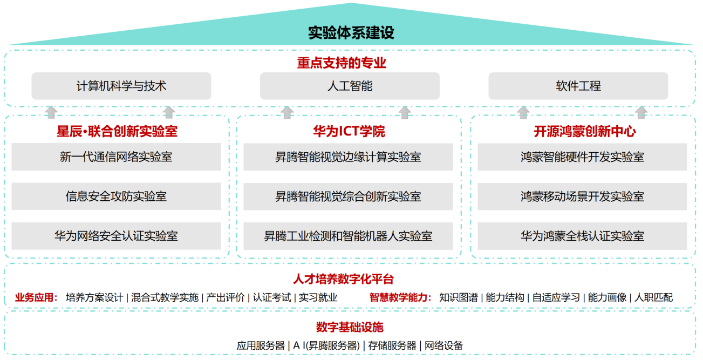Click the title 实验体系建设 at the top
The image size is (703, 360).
tap(351, 33)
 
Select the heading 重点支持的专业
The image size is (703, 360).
tap(342, 63)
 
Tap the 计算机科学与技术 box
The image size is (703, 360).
tap(121, 86)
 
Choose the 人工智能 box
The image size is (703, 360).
tap(350, 86)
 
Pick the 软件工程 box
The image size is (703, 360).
tap(578, 86)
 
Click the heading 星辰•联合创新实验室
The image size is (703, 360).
tap(117, 131)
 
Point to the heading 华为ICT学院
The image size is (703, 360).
tap(349, 131)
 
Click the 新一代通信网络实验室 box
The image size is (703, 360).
tap(116, 157)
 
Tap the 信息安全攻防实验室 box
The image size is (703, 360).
tap(116, 196)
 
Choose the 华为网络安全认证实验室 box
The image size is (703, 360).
tap(116, 236)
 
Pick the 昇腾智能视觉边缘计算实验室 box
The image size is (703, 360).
tap(348, 157)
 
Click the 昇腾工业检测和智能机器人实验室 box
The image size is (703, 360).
tap(348, 236)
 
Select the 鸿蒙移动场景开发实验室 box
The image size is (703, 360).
tap(582, 196)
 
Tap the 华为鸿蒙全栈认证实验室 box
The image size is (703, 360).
tap(582, 236)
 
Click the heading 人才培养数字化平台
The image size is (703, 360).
tap(343, 280)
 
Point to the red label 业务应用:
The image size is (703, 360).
tap(36, 297)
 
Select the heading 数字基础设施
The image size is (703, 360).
tap(350, 327)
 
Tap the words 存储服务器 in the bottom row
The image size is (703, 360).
tap(392, 345)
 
